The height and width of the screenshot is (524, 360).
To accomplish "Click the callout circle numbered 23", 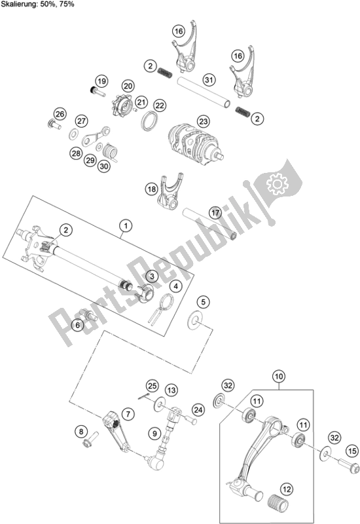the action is (x=204, y=121).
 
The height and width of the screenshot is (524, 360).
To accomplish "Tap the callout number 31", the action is (x=209, y=80).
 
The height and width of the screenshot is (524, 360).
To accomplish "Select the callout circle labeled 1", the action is (x=126, y=226).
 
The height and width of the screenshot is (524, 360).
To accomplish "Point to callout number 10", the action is (x=279, y=377).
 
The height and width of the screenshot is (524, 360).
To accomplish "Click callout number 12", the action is (x=287, y=489).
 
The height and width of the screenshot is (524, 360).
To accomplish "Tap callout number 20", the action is (x=128, y=86).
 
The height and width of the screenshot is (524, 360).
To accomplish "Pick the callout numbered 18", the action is (x=152, y=189).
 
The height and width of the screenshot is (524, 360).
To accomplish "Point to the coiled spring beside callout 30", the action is (x=109, y=152).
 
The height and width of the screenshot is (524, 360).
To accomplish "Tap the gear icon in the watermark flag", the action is (x=276, y=183).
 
